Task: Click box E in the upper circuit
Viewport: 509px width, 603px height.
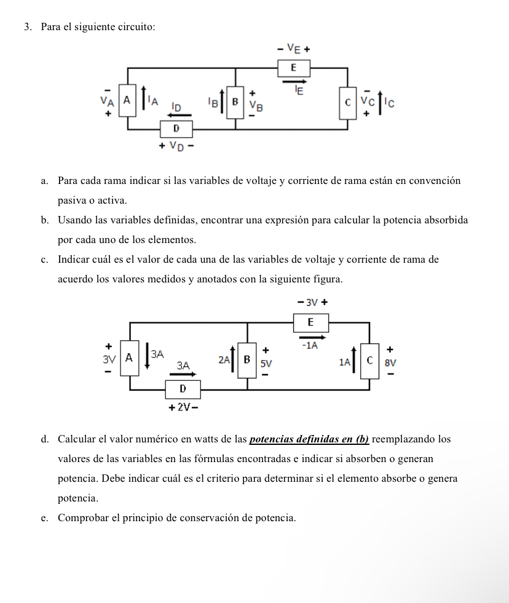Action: coord(293,66)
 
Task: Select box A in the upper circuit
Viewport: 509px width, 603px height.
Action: coord(127,100)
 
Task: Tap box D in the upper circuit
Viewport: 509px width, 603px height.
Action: coord(176,129)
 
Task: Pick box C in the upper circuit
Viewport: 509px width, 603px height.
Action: coord(348,102)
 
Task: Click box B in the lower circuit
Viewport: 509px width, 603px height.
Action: coord(247,359)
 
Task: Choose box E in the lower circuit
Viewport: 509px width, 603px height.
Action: coord(310,322)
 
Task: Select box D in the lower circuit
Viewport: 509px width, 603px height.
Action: coord(183,389)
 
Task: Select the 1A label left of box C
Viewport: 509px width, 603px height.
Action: coord(346,364)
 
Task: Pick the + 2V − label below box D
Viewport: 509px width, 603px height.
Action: coord(183,407)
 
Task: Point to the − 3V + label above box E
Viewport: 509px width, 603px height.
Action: coord(311,302)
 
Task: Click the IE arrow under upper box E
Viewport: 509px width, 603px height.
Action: coord(296,80)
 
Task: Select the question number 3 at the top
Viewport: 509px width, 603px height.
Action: coord(28,27)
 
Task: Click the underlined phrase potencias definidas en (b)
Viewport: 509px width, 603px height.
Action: coord(309,439)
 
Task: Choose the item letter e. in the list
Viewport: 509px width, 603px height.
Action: coord(44,518)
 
